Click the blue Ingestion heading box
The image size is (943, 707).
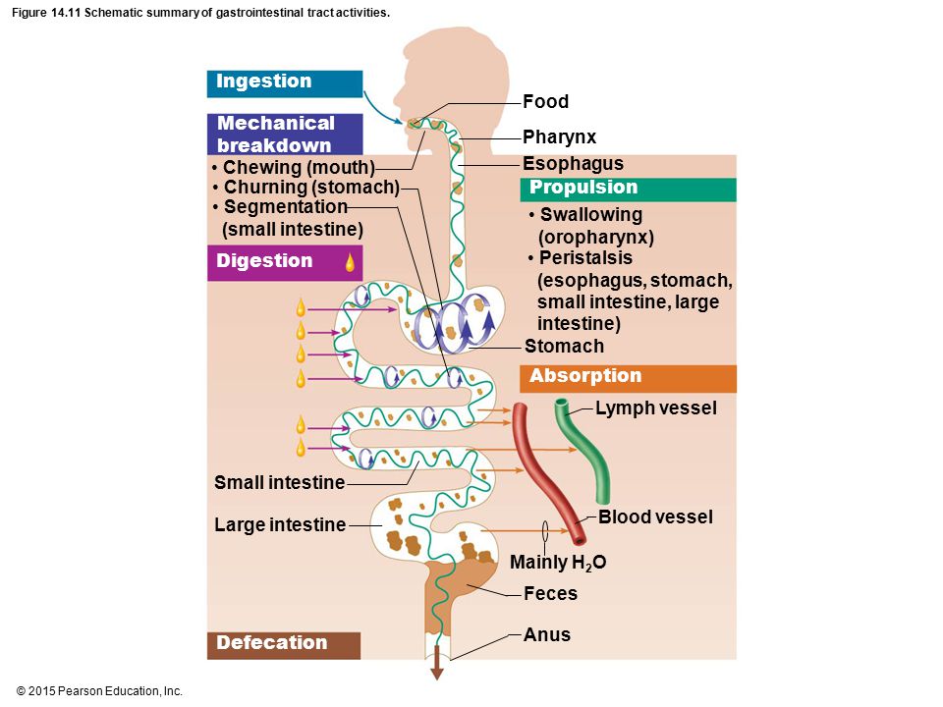(285, 83)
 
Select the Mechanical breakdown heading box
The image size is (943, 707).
(285, 135)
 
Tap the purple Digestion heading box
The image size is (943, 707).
(285, 263)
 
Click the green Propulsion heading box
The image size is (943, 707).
(628, 190)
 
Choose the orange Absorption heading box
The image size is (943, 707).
(628, 378)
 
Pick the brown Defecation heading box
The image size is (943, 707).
(284, 645)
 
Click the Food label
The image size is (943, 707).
(545, 101)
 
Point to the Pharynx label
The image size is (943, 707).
(559, 137)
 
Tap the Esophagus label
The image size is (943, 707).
(573, 164)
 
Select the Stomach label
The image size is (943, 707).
(564, 347)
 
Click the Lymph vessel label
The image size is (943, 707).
(656, 408)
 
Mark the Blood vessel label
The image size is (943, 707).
(655, 517)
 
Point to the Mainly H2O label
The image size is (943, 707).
(558, 563)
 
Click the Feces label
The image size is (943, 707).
(550, 594)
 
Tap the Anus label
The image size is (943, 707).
(547, 635)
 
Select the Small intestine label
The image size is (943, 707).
(280, 483)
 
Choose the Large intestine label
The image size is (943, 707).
(280, 524)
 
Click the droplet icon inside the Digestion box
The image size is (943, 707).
(350, 263)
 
